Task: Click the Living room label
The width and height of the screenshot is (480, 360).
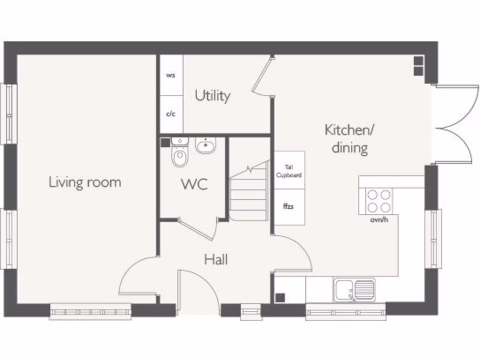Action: pos(85,182)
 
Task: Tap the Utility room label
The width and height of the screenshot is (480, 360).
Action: pos(212,96)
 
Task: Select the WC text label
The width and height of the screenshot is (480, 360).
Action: pos(195,184)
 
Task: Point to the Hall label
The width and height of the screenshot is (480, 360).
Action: pos(216,259)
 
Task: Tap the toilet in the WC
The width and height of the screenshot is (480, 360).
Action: pos(180,156)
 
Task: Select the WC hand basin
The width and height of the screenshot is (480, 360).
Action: pos(205,146)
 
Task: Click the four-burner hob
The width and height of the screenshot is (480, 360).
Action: pos(379,201)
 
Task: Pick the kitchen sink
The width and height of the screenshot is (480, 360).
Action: pos(355,289)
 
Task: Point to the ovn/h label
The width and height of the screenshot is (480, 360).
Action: pos(379,219)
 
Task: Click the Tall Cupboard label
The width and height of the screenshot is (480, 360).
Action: pos(289,171)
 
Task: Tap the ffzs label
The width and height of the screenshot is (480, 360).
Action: pos(288,206)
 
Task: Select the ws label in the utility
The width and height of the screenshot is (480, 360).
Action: pos(171,75)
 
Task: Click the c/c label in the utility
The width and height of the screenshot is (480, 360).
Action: pos(171,114)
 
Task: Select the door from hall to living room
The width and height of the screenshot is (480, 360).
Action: pos(137,277)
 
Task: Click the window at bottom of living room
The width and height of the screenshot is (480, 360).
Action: pos(90,311)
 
